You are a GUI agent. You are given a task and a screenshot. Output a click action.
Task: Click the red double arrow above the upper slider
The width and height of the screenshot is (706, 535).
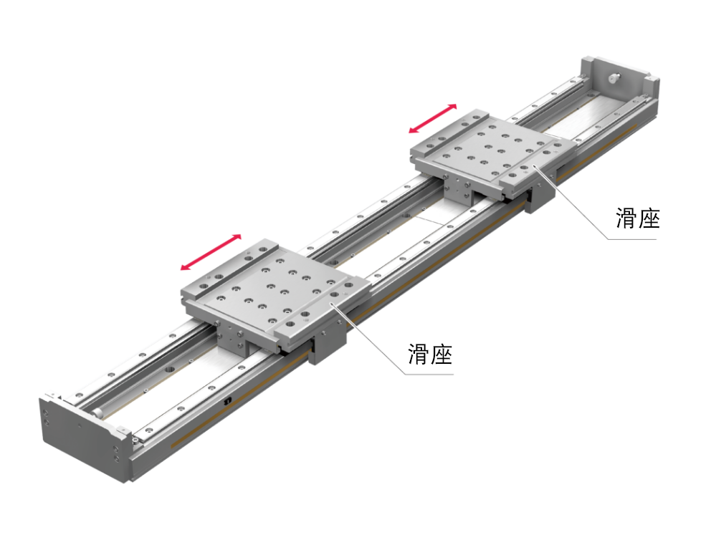433,118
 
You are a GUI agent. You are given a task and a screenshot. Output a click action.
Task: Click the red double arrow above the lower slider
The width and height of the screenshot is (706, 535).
211,252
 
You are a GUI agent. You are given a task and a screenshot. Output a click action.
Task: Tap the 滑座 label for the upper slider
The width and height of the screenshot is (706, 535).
638,218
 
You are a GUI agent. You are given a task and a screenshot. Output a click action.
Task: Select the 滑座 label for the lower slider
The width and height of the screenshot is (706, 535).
430,354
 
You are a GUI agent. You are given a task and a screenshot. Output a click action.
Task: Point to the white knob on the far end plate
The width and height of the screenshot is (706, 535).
614,78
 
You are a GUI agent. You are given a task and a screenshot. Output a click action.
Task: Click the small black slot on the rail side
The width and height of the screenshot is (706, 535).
228,400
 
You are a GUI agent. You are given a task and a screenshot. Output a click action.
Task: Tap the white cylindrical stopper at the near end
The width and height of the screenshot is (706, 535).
97,413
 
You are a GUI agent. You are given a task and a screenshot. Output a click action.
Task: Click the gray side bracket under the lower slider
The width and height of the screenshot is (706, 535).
330,344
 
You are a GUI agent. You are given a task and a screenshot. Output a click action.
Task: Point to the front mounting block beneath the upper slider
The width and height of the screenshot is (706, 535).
458,192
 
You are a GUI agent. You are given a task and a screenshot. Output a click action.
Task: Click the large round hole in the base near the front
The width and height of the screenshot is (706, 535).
170,370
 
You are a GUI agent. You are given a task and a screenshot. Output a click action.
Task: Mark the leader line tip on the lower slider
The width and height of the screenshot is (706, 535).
333,304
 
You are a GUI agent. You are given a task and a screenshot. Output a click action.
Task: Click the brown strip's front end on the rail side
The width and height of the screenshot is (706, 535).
173,446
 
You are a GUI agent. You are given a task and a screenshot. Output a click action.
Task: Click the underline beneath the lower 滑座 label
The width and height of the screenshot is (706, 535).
429,374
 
